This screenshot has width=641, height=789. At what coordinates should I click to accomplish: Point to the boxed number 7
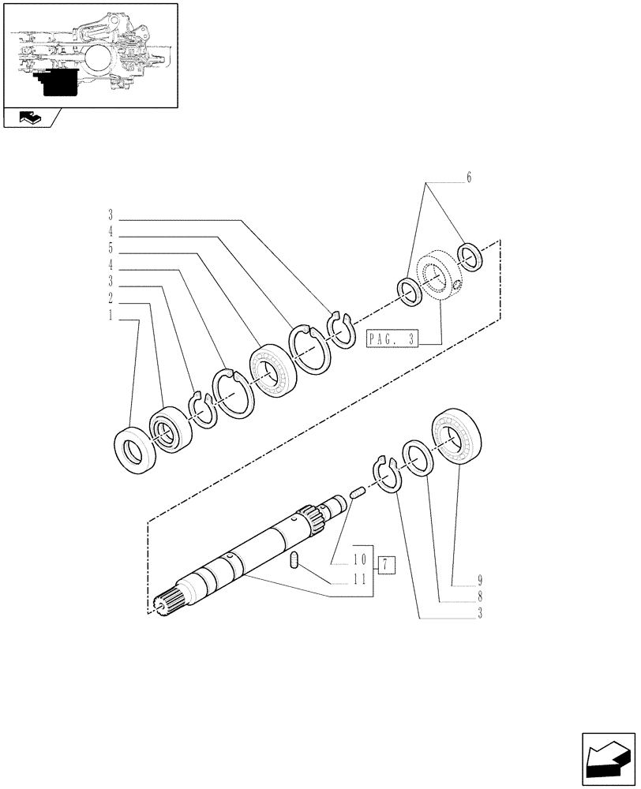point(384,564)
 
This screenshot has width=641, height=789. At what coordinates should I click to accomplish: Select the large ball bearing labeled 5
point(271,368)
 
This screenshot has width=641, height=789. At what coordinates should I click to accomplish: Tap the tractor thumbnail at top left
point(91,55)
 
